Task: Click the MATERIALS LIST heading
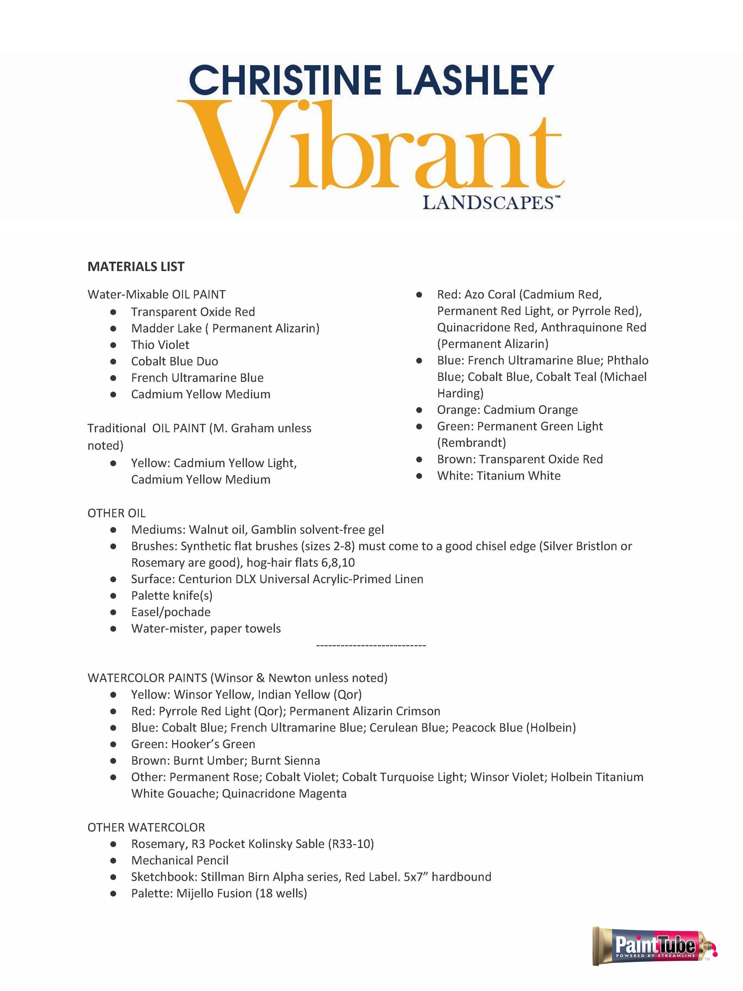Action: point(136,267)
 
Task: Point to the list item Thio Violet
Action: point(160,345)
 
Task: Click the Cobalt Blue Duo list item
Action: point(174,361)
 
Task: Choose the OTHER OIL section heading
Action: point(117,513)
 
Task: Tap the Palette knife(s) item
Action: point(172,596)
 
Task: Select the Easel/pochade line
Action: point(171,613)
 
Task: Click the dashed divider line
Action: point(371,646)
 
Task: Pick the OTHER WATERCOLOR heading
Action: point(146,828)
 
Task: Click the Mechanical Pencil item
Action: point(180,861)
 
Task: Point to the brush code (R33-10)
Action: point(351,844)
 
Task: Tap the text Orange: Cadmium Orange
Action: point(507,410)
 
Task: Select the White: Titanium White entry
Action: point(499,476)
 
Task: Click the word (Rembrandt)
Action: point(471,443)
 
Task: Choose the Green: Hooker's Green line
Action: point(193,744)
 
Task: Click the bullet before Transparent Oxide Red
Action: point(113,312)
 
